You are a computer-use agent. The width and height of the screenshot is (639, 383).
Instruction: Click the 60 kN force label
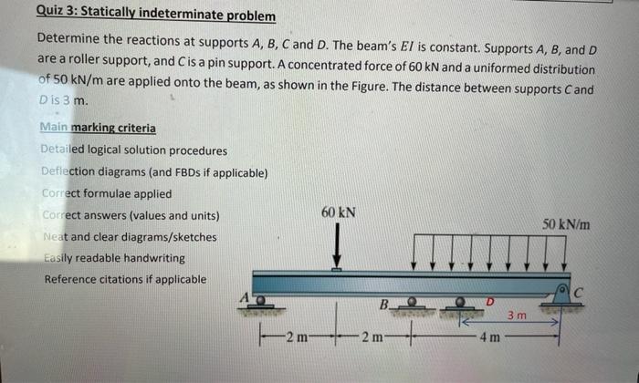(x=338, y=212)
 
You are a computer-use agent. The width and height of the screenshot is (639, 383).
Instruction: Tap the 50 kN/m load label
(x=566, y=224)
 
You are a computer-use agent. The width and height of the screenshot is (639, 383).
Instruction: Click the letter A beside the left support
(x=244, y=295)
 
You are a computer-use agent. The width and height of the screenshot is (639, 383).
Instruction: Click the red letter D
(x=489, y=301)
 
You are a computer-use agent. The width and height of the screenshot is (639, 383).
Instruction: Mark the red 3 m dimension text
(x=517, y=316)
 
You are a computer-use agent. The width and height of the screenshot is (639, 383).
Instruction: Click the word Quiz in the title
(x=52, y=16)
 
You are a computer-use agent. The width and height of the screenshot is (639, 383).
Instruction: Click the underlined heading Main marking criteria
(x=99, y=128)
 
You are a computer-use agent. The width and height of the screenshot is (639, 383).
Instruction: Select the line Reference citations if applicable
(x=125, y=279)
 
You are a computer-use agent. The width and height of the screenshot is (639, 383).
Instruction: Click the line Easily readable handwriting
(x=114, y=258)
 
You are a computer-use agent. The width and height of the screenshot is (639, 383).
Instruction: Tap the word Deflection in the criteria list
(x=74, y=171)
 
